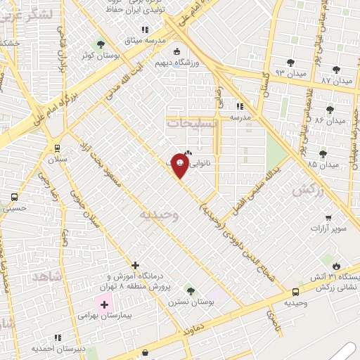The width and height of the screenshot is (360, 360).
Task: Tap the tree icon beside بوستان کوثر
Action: (101, 44)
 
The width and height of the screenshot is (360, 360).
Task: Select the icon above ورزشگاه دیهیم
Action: (176, 51)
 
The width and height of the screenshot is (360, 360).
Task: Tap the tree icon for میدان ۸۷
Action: (337, 69)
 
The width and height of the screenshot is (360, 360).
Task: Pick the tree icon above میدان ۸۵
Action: (323, 154)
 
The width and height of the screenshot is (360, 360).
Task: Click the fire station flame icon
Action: (337, 266)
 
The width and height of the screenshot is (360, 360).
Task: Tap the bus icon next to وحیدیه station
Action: (295, 291)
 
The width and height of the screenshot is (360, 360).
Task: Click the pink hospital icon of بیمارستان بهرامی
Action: (105, 304)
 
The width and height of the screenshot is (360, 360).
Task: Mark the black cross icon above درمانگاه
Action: (135, 266)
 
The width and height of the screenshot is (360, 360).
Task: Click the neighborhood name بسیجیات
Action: (193, 122)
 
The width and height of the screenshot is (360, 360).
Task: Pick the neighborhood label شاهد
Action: (47, 276)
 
